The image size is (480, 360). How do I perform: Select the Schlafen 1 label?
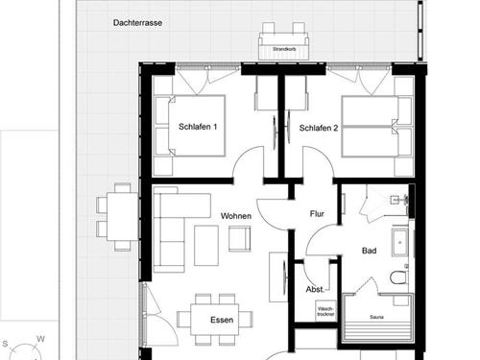[199, 128]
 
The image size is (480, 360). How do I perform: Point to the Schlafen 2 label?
[318, 128]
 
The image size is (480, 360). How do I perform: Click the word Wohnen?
[235, 216]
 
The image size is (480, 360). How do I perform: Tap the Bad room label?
[369, 250]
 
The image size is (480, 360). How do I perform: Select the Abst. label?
[314, 289]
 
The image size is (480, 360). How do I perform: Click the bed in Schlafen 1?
[198, 125]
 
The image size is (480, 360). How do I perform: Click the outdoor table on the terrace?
[119, 216]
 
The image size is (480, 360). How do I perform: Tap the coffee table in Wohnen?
[207, 244]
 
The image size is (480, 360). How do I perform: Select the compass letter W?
[40, 338]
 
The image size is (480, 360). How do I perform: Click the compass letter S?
[6, 343]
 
